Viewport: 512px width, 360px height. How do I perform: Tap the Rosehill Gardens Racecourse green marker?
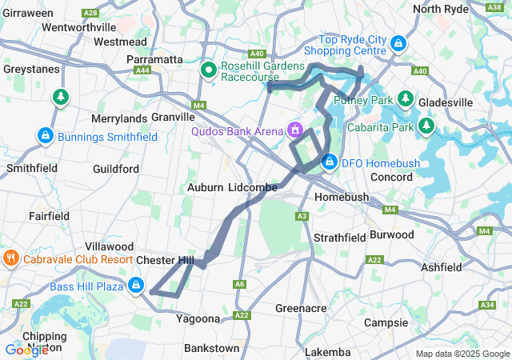coord(208,70)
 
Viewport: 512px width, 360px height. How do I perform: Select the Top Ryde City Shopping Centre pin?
coord(398,44)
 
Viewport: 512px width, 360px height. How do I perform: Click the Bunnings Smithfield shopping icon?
coord(46,137)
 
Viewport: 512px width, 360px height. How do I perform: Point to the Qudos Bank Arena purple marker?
coord(295,129)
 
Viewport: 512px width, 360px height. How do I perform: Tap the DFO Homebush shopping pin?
coord(329,162)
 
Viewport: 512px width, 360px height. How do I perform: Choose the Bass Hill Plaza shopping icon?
coord(136,285)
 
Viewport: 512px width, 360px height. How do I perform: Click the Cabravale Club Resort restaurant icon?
coord(10,259)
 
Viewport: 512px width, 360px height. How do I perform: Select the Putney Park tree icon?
coord(406,99)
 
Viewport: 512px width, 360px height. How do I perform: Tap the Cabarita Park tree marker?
coord(426,126)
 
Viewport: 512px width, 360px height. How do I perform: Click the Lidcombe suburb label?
coord(252,187)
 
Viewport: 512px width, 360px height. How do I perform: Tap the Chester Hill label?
coord(165,261)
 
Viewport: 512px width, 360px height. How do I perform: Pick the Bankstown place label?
coord(211,348)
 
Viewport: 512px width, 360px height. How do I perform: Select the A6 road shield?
coord(240,284)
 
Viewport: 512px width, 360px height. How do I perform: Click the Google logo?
coord(26,350)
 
